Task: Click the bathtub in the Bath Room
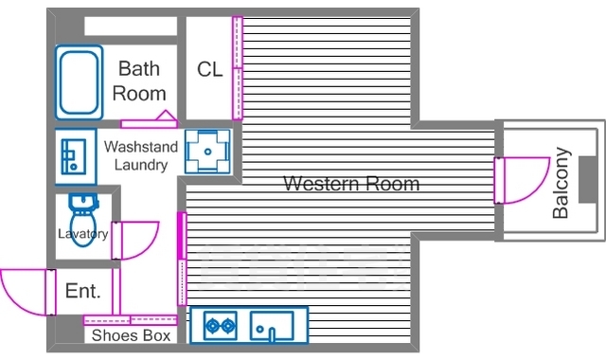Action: [x=79, y=82]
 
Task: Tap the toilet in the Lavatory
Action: [x=83, y=220]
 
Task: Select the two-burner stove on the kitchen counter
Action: [x=221, y=326]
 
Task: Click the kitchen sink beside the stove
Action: [x=272, y=326]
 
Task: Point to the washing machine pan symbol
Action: [x=207, y=152]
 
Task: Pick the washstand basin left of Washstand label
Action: [x=75, y=156]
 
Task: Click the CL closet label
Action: [x=210, y=69]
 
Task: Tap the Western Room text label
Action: [x=351, y=183]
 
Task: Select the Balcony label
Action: [x=561, y=183]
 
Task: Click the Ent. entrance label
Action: [x=83, y=291]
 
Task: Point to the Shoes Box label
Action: [x=131, y=335]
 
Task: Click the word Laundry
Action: [x=141, y=165]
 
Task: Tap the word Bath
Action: [x=139, y=69]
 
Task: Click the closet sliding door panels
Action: [x=238, y=68]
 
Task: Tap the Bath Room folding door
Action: [x=150, y=120]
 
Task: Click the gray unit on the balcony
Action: [x=588, y=180]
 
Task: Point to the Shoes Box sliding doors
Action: [x=131, y=320]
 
